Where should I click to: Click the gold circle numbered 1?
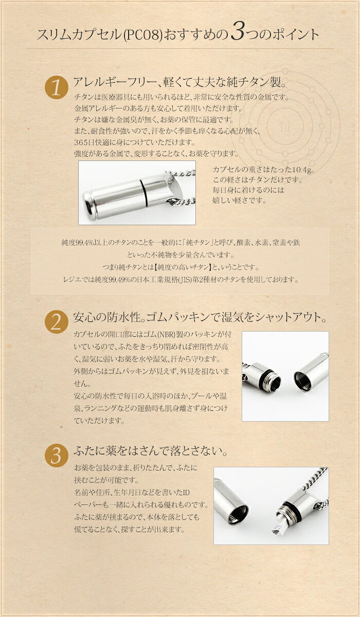[56, 87]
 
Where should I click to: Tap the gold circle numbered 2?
[56, 322]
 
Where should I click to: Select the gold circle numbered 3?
[56, 456]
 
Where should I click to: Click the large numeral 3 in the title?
[238, 32]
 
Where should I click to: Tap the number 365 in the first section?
[81, 142]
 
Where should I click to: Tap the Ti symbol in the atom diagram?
[285, 128]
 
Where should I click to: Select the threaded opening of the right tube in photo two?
[302, 382]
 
